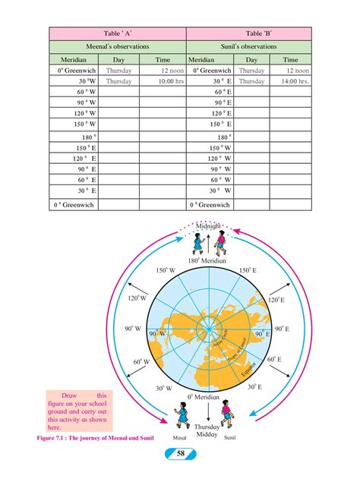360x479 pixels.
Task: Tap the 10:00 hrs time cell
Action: (x=163, y=80)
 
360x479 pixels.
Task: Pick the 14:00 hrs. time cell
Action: (x=290, y=80)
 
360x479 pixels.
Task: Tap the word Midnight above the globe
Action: (x=208, y=226)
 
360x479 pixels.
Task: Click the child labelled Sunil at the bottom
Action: (x=226, y=416)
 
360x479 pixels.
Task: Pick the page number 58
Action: (x=181, y=453)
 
